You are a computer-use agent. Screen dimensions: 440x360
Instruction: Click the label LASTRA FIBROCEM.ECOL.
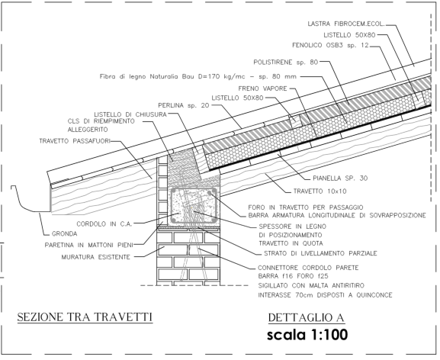pos(345,24)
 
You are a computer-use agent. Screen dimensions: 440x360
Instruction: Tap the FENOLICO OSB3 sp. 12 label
pos(330,45)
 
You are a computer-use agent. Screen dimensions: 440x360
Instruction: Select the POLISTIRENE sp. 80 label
pos(285,62)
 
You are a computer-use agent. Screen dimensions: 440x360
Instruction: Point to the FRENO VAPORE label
pos(262,88)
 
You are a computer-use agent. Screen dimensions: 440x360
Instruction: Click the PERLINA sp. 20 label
pos(184,105)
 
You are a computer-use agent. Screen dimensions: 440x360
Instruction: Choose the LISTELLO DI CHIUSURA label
pos(130,114)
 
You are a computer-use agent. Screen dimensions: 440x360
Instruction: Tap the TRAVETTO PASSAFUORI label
pos(75,141)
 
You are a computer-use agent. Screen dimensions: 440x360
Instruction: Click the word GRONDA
pos(64,233)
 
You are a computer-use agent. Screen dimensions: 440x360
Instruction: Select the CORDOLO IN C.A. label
pos(104,224)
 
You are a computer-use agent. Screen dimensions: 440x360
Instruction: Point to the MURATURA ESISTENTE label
pos(95,257)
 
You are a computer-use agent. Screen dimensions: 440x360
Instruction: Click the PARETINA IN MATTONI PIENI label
pos(88,246)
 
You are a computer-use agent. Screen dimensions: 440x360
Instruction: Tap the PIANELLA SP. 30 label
pos(340,178)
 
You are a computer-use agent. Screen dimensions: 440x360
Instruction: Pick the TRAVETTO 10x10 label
pos(320,191)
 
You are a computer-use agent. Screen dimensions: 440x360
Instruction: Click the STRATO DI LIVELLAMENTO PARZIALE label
pos(320,253)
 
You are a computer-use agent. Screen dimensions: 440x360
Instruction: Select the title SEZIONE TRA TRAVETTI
pos(85,317)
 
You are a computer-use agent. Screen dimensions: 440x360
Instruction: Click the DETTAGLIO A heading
pos(306,318)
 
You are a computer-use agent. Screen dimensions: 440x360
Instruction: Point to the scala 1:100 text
pos(307,335)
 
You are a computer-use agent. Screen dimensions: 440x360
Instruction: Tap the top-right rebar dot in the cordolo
pos(210,193)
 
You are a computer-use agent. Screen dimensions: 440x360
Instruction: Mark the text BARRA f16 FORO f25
pos(293,276)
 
